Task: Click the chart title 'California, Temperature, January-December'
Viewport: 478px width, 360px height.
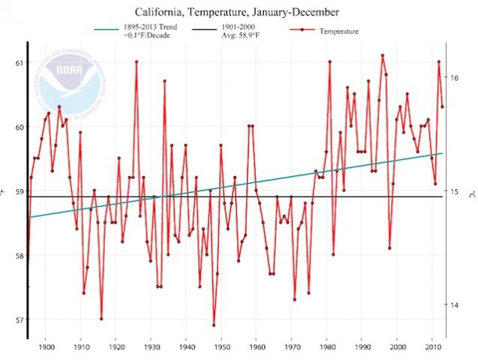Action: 238,13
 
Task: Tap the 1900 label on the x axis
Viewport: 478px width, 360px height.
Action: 46,347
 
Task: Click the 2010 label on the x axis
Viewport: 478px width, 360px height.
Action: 432,347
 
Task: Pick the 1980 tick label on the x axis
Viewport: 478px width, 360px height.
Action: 327,347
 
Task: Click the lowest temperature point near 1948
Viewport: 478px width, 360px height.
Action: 214,325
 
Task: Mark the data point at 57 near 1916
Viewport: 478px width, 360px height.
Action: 101,319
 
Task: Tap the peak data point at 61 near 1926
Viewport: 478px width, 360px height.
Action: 136,61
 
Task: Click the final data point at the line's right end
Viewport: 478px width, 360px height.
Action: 443,106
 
